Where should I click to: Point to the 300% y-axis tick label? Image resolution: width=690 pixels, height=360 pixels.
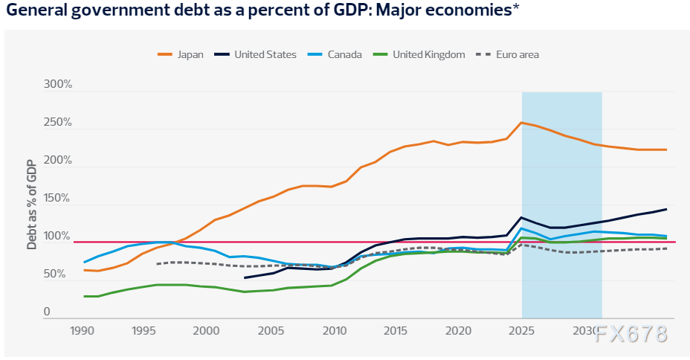coord(57,86)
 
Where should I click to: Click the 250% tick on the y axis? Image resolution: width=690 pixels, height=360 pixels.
coord(57,123)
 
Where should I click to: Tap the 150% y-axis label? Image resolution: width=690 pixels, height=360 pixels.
coord(57,199)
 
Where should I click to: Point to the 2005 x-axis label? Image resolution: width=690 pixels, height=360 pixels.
coord(268,330)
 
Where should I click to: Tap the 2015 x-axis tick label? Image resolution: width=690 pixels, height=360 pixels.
coord(395,330)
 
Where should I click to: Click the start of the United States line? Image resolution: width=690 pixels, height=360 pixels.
coord(245,278)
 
